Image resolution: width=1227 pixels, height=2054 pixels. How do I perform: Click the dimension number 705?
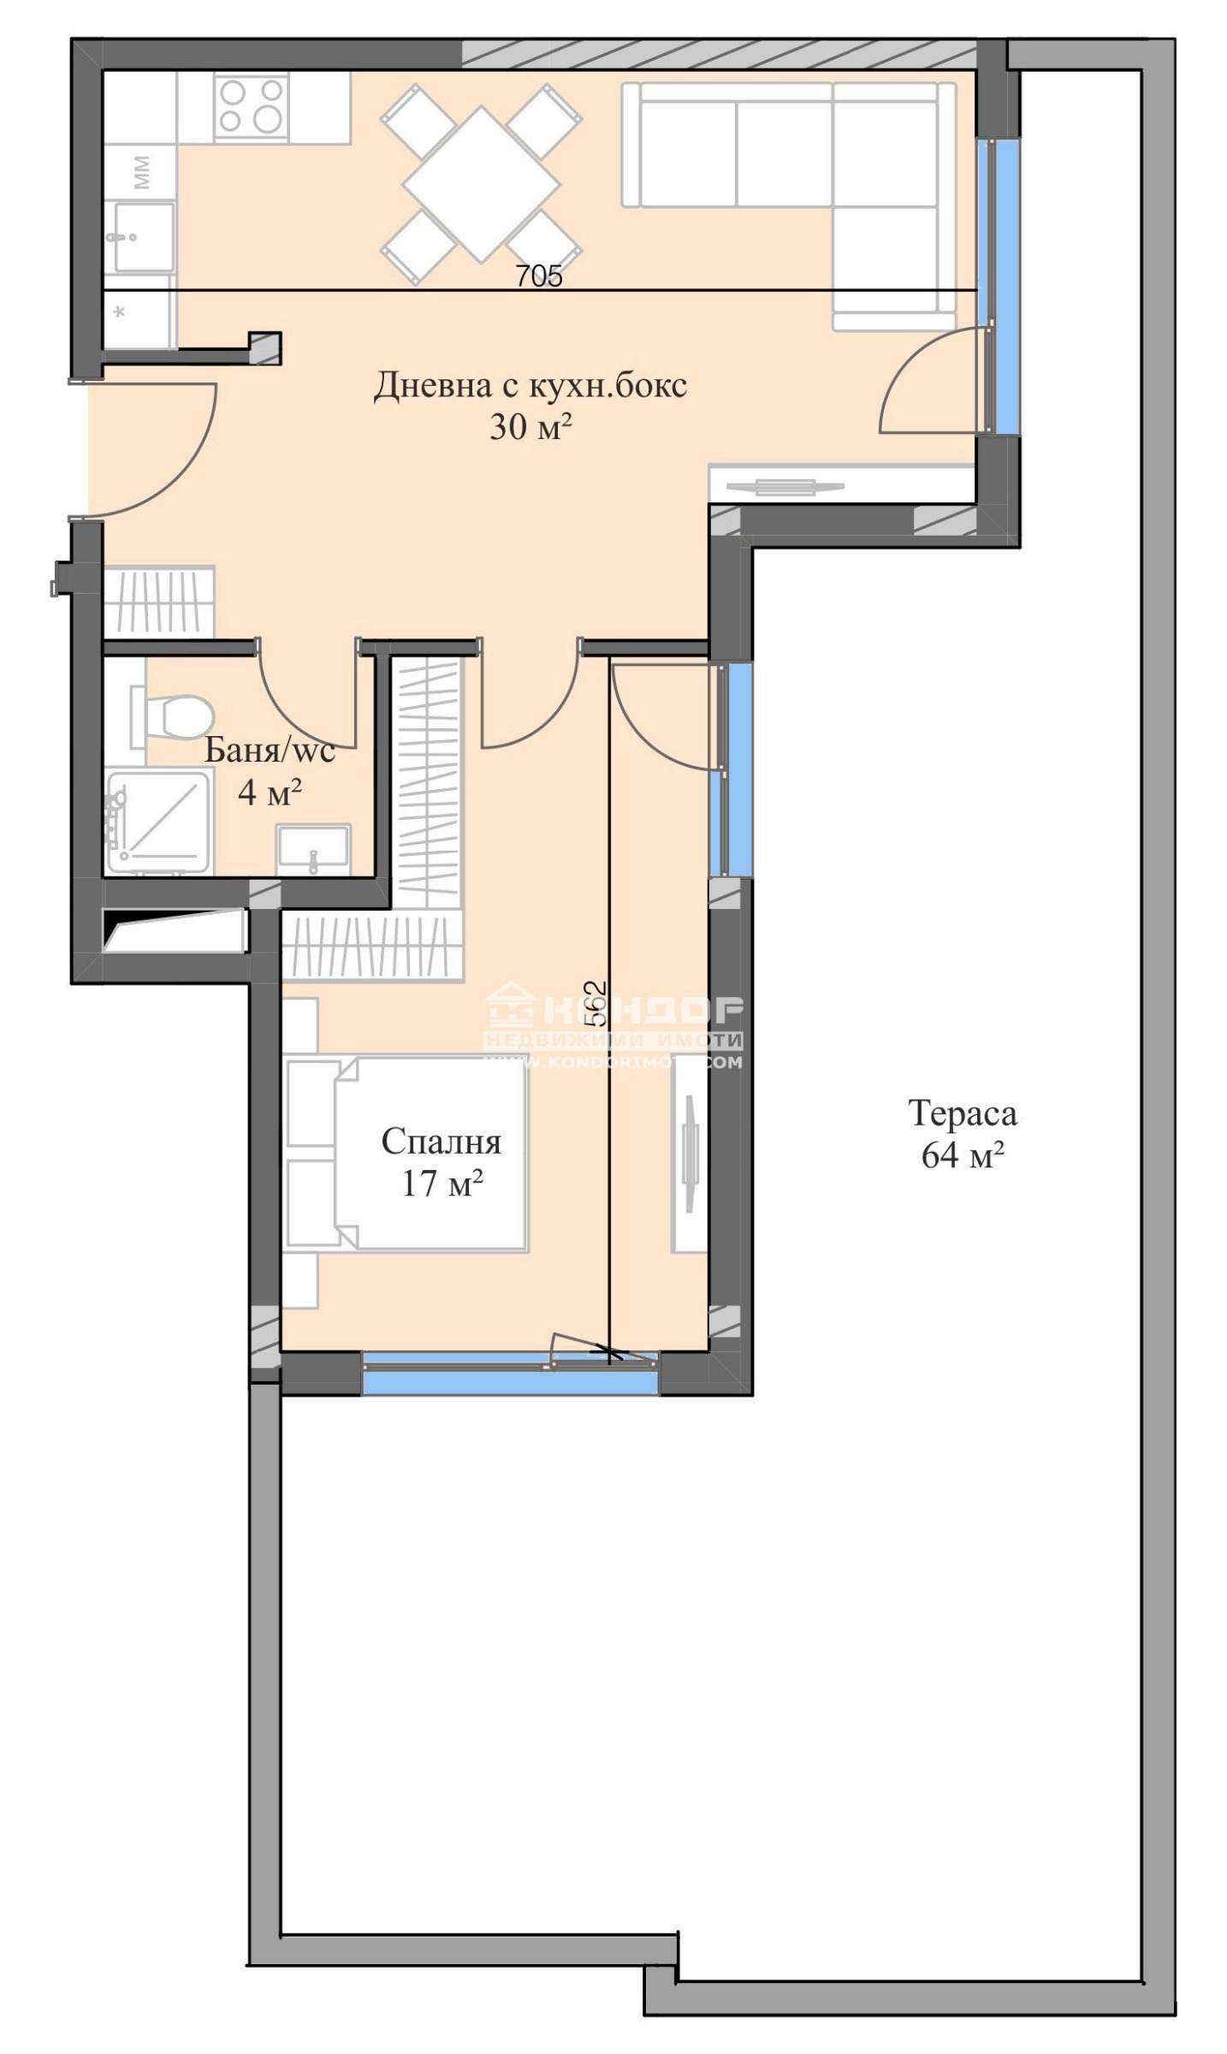pos(538,276)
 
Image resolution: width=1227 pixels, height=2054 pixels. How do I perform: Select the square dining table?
pos(481,184)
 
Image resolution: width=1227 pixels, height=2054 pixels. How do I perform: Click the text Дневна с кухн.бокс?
pos(530,386)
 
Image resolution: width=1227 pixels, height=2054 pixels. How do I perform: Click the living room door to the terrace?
pos(933,381)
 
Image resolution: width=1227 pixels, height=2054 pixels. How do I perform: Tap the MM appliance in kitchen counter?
pos(141,172)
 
